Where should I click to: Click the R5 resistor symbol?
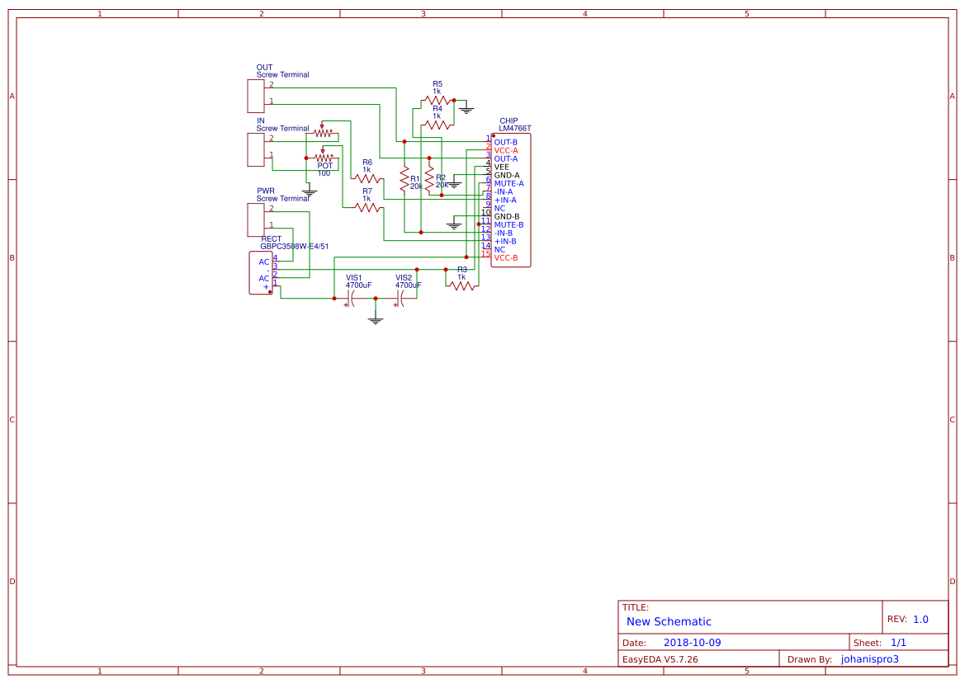click(x=437, y=101)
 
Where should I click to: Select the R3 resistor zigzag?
click(x=463, y=285)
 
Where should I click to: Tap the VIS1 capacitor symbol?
click(x=352, y=298)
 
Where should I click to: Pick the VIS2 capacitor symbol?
click(x=401, y=298)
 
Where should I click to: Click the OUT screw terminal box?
click(x=255, y=96)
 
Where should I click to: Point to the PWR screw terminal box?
click(x=255, y=219)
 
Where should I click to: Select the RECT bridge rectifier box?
click(x=261, y=273)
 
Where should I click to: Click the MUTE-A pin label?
click(x=509, y=183)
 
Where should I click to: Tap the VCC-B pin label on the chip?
click(x=506, y=257)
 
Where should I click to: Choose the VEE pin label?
click(x=502, y=167)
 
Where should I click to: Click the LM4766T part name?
click(x=515, y=129)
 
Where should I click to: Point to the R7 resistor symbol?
click(x=367, y=207)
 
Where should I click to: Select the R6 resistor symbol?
click(x=367, y=177)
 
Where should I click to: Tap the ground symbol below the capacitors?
click(x=376, y=319)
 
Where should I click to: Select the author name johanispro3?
click(x=869, y=659)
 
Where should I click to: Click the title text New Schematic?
click(x=669, y=621)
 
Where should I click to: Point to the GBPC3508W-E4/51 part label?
click(x=295, y=246)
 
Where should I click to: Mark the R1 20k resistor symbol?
click(x=404, y=180)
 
